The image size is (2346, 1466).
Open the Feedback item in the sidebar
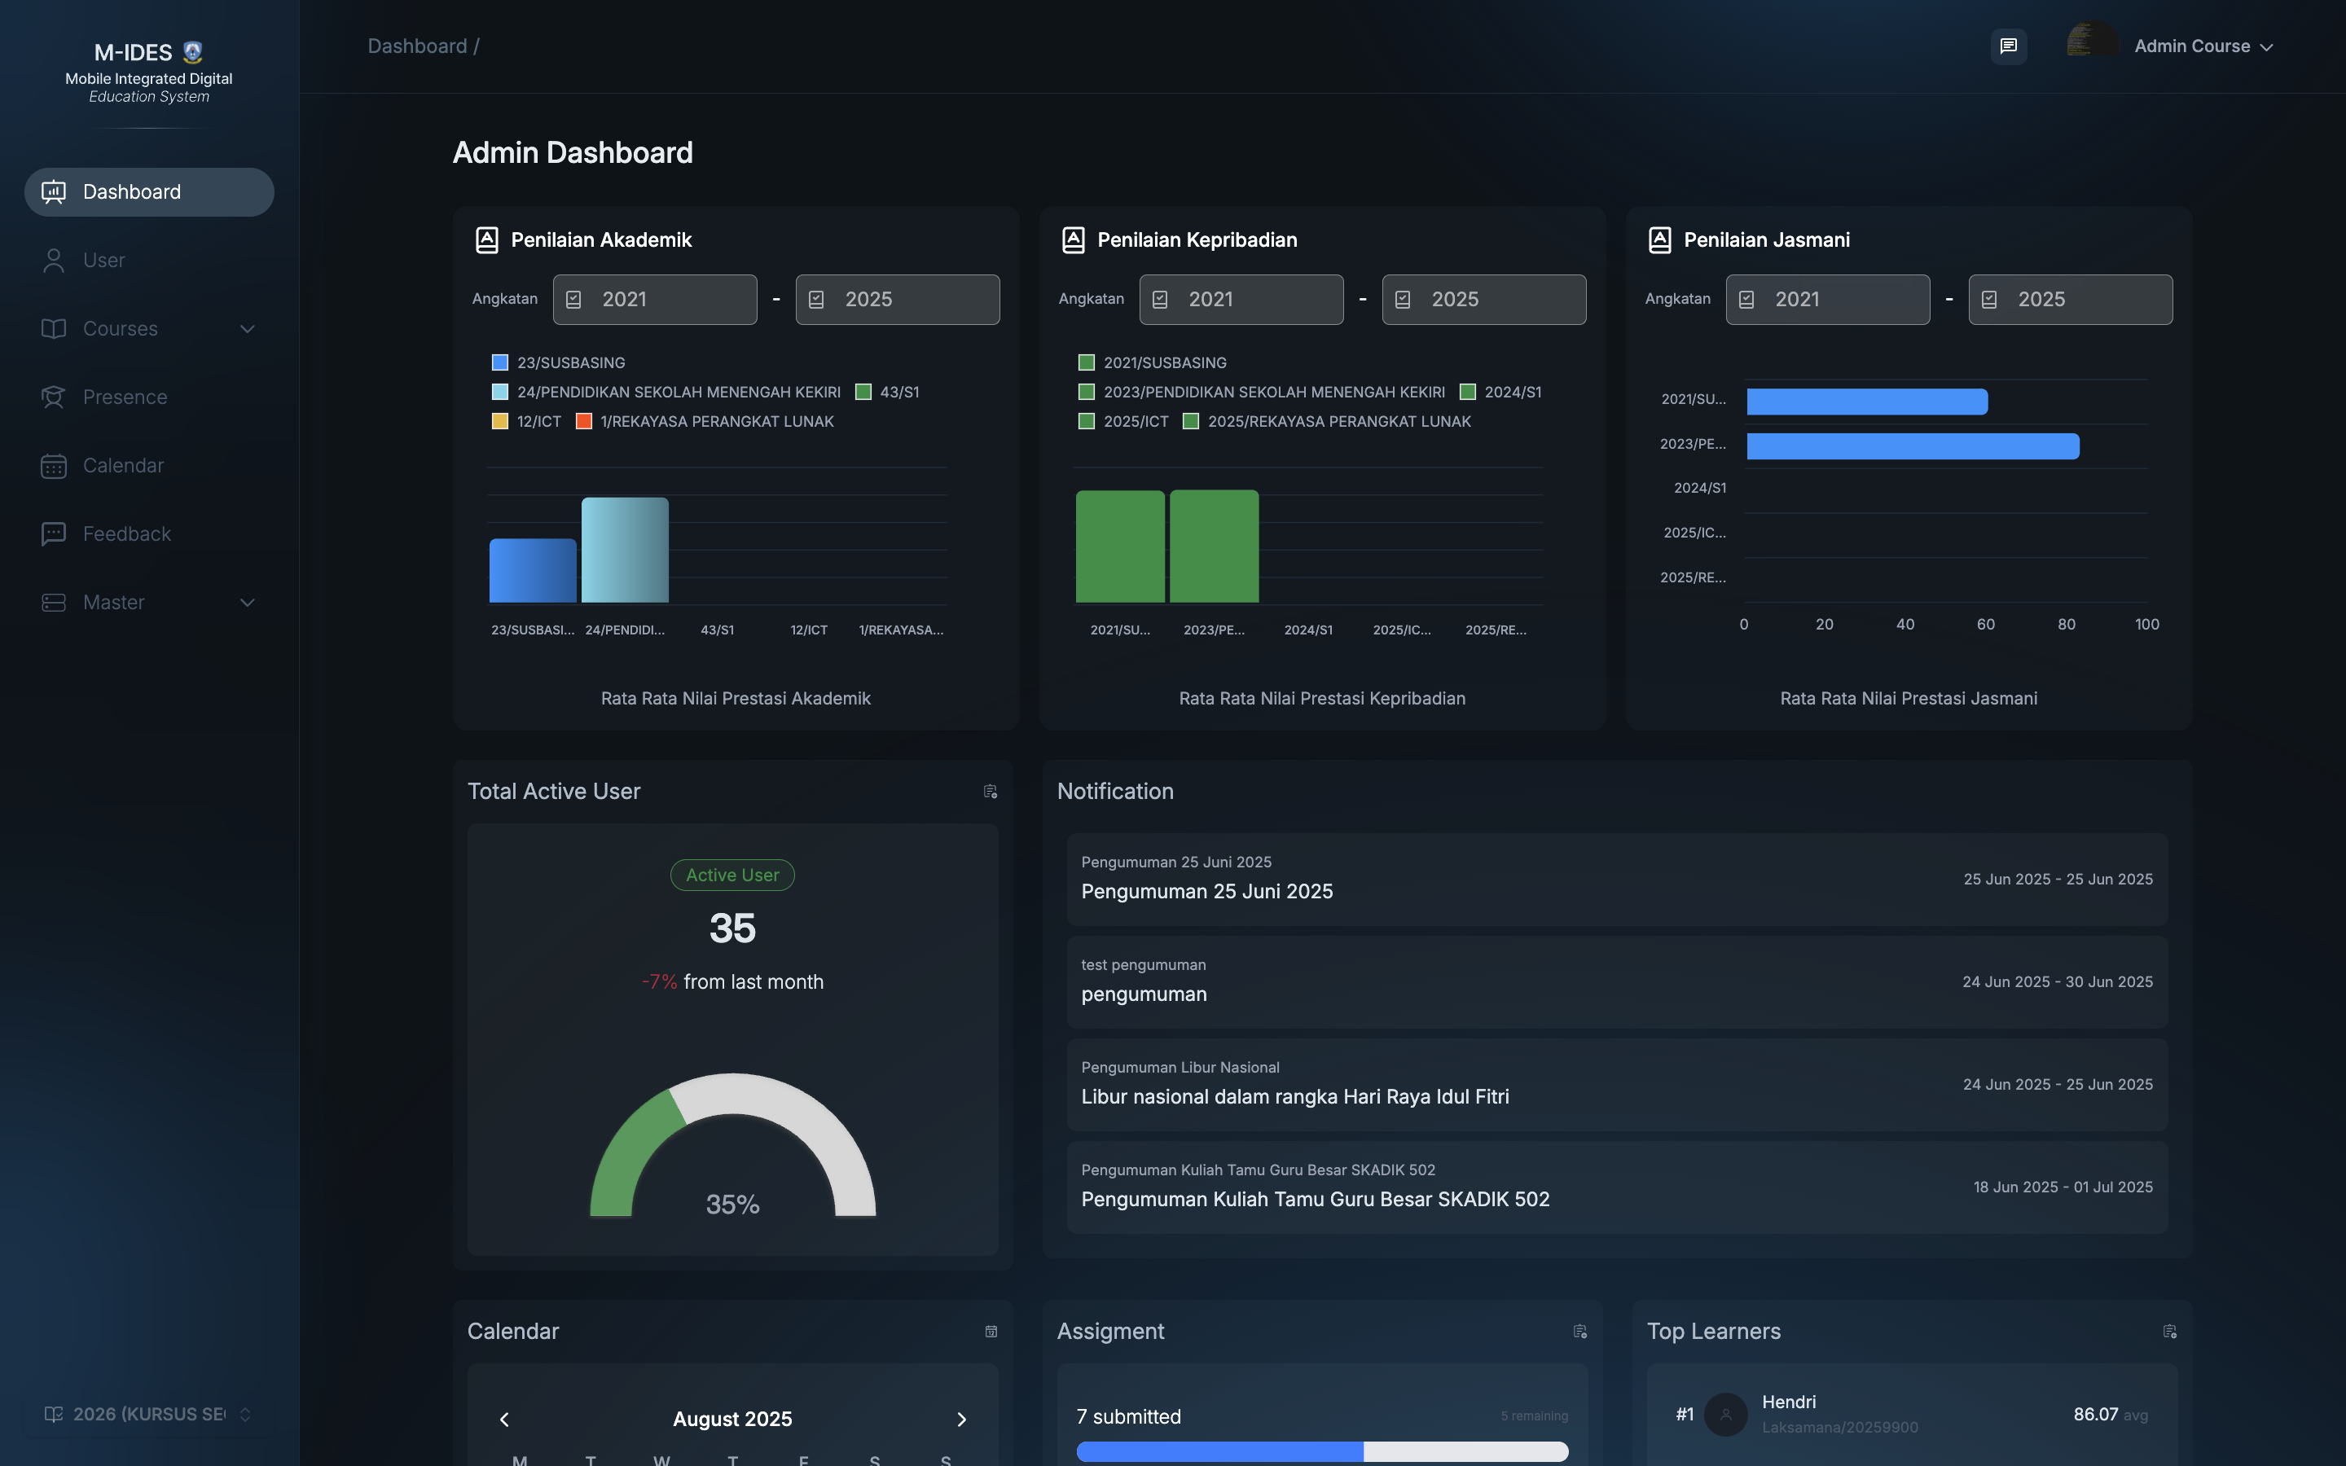(126, 534)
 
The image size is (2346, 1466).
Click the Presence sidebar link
(124, 397)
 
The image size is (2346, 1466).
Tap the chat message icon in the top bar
(2008, 46)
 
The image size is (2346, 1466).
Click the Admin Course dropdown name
(2192, 46)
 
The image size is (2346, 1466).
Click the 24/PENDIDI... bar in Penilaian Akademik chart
(624, 550)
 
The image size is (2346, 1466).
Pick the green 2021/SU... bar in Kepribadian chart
(1120, 546)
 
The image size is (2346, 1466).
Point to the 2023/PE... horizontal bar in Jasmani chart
(1912, 446)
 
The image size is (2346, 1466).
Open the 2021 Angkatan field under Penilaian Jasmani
(1826, 300)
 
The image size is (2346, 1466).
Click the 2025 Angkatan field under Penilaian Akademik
(897, 300)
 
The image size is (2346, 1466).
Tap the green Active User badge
(732, 876)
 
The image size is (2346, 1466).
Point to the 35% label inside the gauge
(732, 1205)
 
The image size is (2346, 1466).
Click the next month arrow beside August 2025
(960, 1420)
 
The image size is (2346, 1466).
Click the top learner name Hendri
(1789, 1402)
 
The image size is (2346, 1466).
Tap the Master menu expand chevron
(247, 603)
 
